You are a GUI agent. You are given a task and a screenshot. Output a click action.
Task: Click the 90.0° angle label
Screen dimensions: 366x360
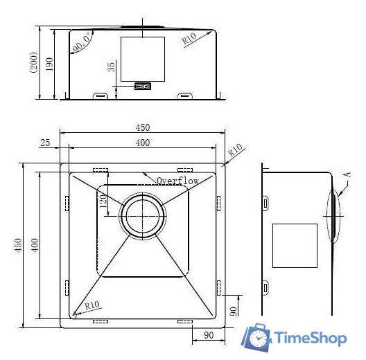coord(82,42)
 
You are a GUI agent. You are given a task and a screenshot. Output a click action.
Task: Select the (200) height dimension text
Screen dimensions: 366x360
coord(33,62)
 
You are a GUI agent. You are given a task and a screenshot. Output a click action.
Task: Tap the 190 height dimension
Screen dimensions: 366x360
coord(49,64)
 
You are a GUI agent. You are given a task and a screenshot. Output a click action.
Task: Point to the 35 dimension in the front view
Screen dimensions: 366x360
coord(112,66)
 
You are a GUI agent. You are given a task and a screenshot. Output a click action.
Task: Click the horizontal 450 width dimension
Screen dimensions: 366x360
coord(143,127)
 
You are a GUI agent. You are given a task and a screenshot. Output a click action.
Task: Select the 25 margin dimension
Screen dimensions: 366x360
coord(45,143)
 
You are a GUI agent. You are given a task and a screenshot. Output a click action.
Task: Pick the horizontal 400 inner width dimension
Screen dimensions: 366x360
coord(143,143)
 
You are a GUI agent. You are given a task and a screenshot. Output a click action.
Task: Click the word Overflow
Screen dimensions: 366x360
coord(177,181)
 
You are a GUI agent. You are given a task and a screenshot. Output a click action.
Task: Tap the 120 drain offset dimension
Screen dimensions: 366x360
coord(103,201)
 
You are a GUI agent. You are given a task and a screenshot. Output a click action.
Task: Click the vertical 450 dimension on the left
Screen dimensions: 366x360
coord(18,245)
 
